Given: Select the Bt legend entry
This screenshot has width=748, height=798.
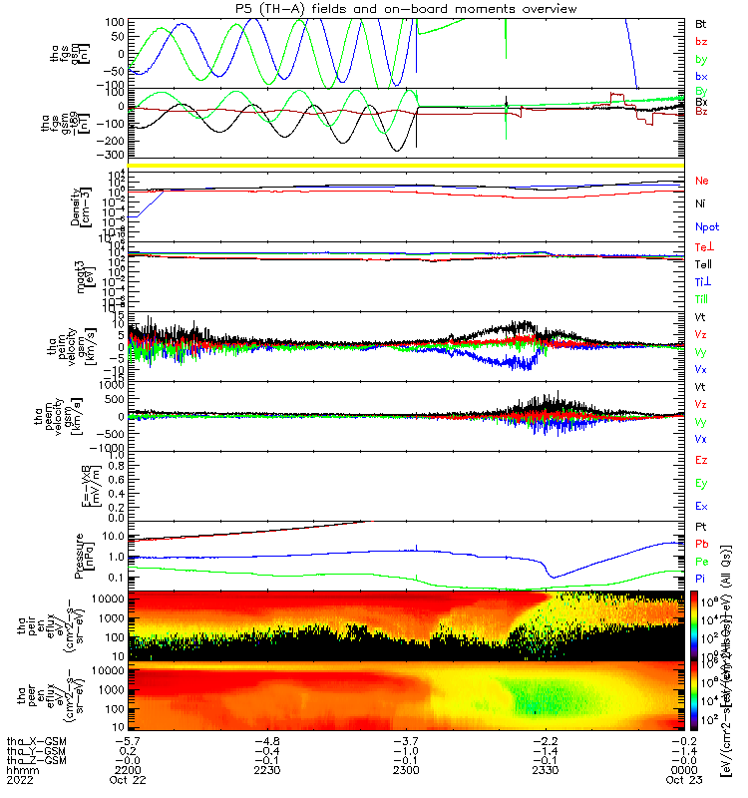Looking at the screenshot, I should click(x=701, y=22).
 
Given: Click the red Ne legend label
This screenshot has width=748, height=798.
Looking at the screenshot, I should click(x=702, y=181).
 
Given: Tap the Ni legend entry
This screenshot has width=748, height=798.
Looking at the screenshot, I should click(x=701, y=203).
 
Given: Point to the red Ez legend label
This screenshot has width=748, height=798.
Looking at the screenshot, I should click(x=701, y=460).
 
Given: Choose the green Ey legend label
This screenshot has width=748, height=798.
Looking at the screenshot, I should click(x=701, y=483).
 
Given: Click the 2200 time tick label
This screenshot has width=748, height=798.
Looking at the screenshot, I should click(x=124, y=769).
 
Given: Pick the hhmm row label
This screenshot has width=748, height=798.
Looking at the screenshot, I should click(x=17, y=769).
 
